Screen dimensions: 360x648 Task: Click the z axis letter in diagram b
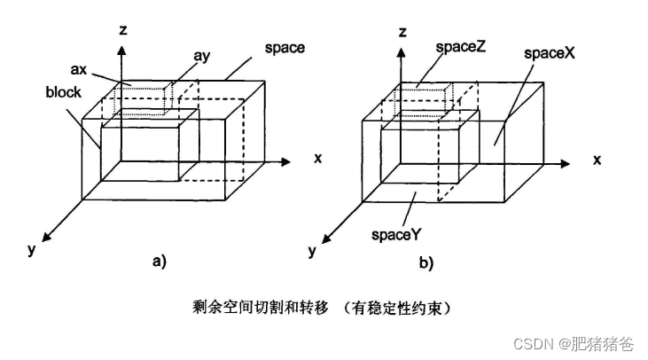(402, 32)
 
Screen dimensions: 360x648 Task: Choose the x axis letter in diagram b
(597, 160)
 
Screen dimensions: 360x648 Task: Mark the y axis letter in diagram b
(312, 251)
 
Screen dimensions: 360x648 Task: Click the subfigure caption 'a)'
(159, 261)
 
